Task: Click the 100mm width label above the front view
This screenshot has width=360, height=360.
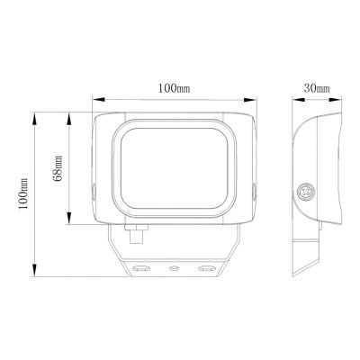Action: pyautogui.click(x=174, y=88)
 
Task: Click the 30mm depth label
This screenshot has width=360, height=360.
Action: pyautogui.click(x=317, y=88)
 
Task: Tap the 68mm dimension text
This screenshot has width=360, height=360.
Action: pyautogui.click(x=57, y=168)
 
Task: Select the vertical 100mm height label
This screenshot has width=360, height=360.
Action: pyautogui.click(x=23, y=193)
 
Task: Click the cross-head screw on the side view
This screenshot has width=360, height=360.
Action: pyautogui.click(x=306, y=191)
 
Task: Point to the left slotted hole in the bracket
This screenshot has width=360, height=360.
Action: pyautogui.click(x=141, y=268)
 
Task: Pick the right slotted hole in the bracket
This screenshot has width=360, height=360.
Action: pyautogui.click(x=207, y=268)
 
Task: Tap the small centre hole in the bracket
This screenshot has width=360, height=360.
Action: pyautogui.click(x=174, y=268)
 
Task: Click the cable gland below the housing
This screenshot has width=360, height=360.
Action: pyautogui.click(x=136, y=234)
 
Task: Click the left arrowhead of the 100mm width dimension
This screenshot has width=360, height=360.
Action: pyautogui.click(x=98, y=99)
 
